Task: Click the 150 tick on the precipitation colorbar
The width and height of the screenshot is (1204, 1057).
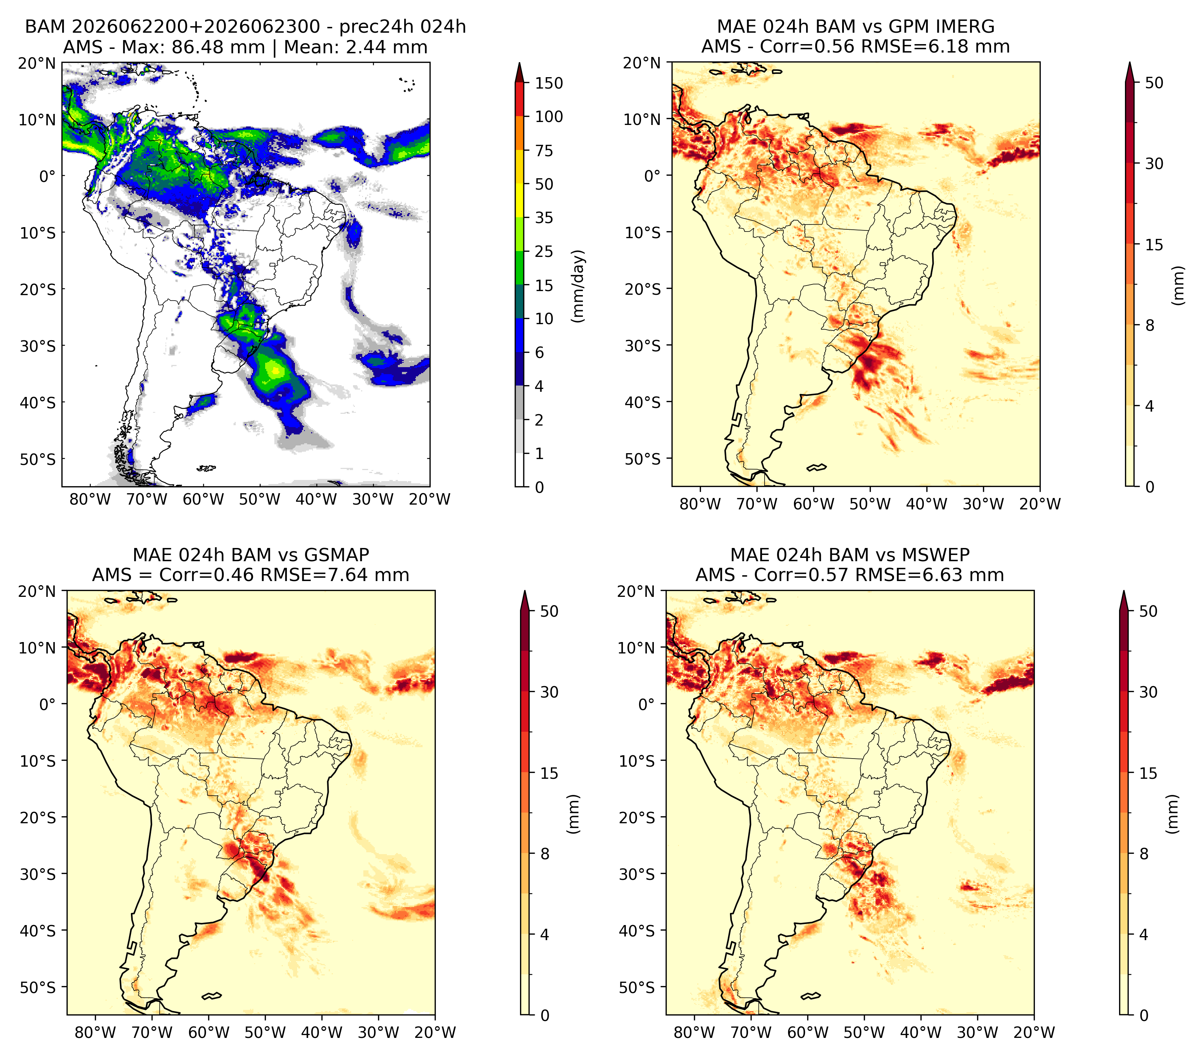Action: click(x=549, y=83)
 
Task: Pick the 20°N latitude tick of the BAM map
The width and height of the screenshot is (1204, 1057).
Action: click(x=37, y=63)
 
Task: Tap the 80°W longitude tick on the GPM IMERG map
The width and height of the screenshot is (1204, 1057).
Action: click(x=700, y=504)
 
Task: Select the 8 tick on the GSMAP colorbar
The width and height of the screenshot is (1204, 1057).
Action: click(x=544, y=853)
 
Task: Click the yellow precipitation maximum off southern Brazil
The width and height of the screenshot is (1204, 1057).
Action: click(x=274, y=370)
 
